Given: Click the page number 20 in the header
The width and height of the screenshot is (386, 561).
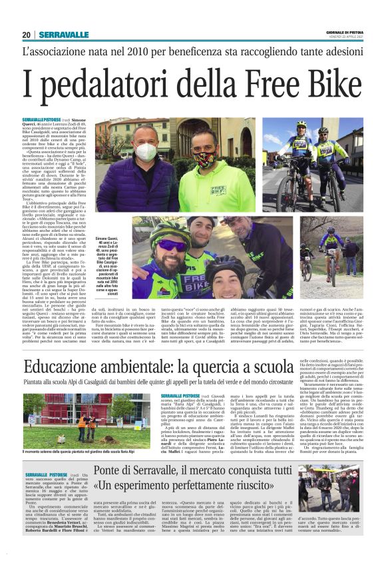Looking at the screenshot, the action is tap(27, 35).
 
